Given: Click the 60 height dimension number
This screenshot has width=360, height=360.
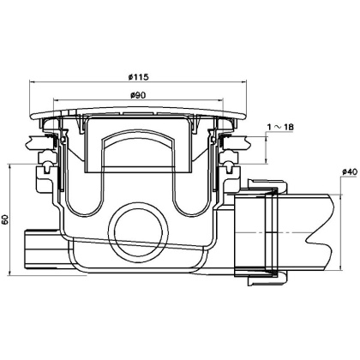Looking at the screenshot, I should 8,219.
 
